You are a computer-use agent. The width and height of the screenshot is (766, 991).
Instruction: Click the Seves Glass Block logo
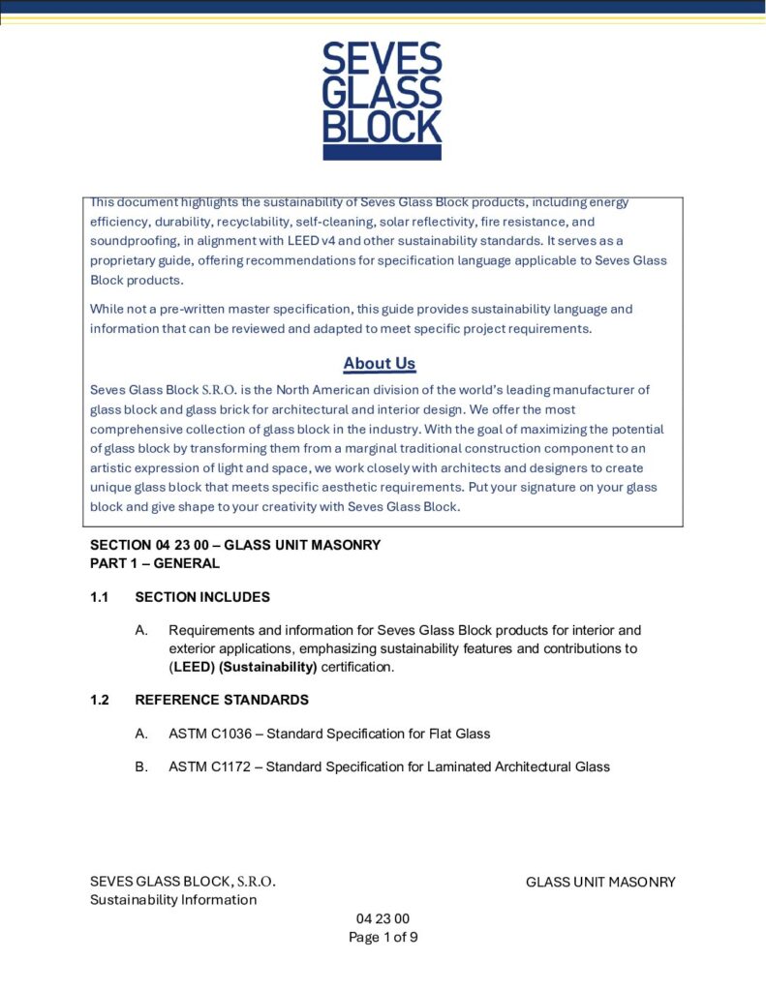382,101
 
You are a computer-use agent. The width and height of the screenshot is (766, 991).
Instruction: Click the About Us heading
380,364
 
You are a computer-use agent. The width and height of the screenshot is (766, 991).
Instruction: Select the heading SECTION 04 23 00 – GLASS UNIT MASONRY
235,545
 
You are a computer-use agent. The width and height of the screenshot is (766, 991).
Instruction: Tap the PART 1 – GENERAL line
155,562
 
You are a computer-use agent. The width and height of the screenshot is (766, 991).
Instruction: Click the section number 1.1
100,597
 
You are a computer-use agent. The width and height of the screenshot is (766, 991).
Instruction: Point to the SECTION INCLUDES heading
202,597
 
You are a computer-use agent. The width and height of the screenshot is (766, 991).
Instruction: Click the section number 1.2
100,700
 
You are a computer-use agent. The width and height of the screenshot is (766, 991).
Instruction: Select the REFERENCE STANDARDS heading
222,700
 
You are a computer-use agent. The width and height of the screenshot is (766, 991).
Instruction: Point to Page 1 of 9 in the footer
383,937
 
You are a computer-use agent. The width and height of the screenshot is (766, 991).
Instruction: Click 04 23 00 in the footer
383,918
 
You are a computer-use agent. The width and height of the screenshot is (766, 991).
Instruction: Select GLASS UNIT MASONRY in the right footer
600,882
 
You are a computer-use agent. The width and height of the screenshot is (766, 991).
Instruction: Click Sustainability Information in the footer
173,900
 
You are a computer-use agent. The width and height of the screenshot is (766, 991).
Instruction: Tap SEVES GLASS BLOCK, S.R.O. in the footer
183,882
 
